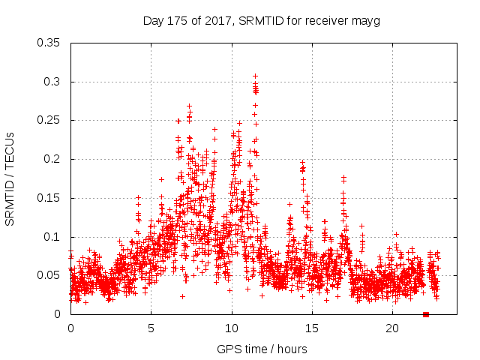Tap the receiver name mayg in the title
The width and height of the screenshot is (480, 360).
click(x=367, y=21)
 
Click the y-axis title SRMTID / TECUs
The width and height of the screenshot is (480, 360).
click(x=10, y=178)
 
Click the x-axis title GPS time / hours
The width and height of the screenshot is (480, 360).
click(x=262, y=349)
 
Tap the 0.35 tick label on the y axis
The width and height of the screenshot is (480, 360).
click(x=50, y=43)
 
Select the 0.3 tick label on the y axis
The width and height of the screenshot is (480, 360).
click(x=54, y=82)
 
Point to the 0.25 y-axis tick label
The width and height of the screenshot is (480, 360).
click(x=50, y=120)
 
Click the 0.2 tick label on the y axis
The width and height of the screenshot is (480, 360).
click(x=54, y=159)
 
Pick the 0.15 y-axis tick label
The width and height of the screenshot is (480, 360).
click(x=50, y=198)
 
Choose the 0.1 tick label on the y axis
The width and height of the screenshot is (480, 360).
click(x=54, y=236)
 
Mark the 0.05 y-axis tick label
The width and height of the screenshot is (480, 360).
click(x=50, y=275)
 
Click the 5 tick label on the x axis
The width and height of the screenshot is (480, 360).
click(x=151, y=328)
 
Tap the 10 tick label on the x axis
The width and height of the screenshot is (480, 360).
click(x=232, y=328)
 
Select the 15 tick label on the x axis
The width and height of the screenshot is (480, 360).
click(x=312, y=328)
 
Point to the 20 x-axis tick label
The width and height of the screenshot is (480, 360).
click(x=392, y=328)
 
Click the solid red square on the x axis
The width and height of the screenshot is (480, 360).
click(x=425, y=314)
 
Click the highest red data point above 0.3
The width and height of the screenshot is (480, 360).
click(x=255, y=76)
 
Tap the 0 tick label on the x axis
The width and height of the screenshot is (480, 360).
click(x=70, y=328)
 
